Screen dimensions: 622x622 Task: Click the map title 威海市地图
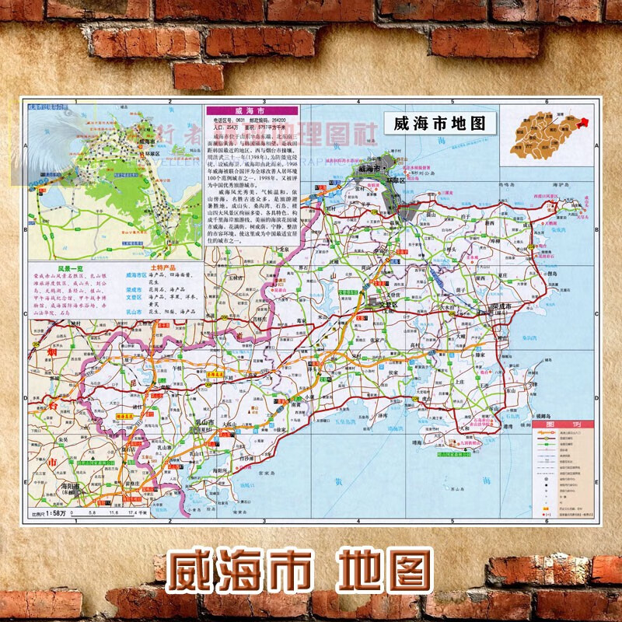[x=440, y=124]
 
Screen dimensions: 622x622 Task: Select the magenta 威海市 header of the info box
[x=250, y=111]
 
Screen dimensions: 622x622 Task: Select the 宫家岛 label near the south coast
[x=267, y=472]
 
